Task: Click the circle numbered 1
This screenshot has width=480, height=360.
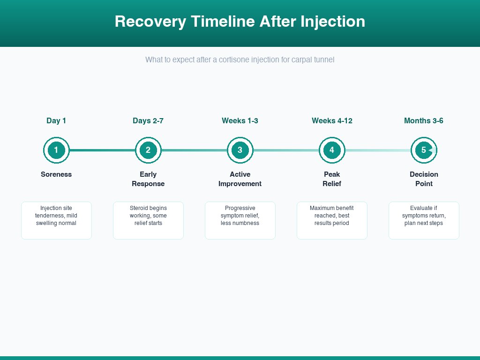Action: (56, 150)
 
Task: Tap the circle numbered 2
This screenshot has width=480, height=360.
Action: (148, 150)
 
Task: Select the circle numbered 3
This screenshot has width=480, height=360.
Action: (240, 150)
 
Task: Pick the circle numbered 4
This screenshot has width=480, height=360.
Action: (332, 150)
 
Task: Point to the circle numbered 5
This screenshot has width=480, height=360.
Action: (424, 150)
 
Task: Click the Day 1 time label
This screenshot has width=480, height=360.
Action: (56, 121)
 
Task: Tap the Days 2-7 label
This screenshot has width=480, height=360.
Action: (148, 121)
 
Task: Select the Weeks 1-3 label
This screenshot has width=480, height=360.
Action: (240, 121)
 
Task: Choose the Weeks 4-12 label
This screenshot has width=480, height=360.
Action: (332, 121)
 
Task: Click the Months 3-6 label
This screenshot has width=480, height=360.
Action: (424, 121)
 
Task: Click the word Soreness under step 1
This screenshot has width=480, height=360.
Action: (56, 174)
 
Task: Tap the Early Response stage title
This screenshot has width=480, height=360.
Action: (148, 179)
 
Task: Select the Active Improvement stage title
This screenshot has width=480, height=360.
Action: (240, 179)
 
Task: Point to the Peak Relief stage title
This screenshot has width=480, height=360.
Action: (332, 179)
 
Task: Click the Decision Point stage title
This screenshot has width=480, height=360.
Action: (424, 179)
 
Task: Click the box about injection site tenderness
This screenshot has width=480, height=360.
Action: (56, 220)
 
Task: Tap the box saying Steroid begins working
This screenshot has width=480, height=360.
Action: (148, 220)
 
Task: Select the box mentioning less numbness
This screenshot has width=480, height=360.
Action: (240, 220)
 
